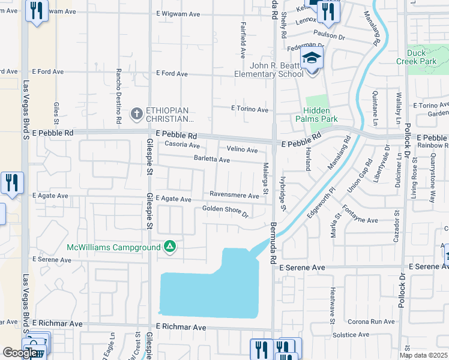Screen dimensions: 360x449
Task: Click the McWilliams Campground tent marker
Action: (x=170, y=247)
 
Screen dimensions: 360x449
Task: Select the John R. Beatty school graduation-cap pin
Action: (x=312, y=59)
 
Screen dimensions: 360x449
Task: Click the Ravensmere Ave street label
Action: (x=234, y=194)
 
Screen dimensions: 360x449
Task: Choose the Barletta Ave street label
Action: (x=211, y=160)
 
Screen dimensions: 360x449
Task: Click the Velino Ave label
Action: (x=242, y=149)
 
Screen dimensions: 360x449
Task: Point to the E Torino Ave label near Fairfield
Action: (x=250, y=110)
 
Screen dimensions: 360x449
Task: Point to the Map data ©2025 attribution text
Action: (x=424, y=355)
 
